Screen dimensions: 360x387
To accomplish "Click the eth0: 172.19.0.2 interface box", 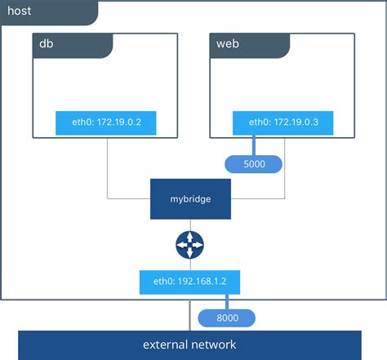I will (106, 123).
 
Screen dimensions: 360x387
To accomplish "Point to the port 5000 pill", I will (253, 165).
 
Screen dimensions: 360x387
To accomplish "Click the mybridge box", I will (190, 198).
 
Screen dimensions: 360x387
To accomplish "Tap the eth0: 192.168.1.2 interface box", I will (190, 282).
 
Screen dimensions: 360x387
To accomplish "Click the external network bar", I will (190, 344).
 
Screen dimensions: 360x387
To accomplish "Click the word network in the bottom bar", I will (216, 344).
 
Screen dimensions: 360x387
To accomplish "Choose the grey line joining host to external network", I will (190, 313).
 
